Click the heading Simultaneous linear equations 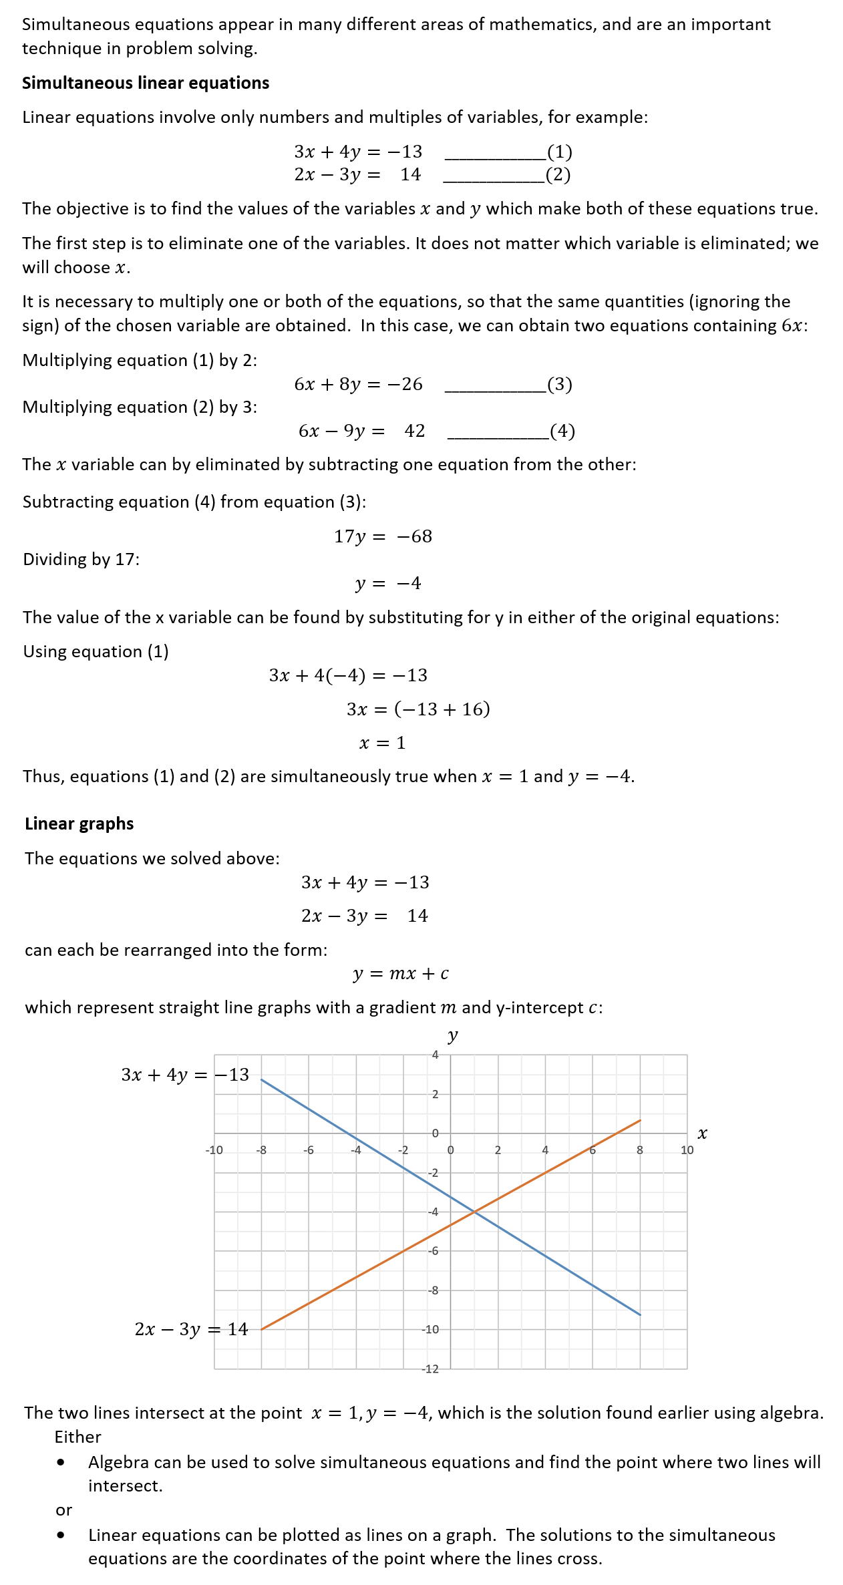(146, 83)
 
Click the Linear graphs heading (79, 824)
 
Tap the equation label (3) (560, 384)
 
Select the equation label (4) (562, 431)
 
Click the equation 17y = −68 (383, 536)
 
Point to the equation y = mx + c (401, 974)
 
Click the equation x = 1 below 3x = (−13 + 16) (382, 743)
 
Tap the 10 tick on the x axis (687, 1150)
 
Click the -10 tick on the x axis (214, 1150)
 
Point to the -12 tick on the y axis (431, 1369)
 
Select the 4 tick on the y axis (435, 1055)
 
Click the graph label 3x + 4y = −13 (185, 1075)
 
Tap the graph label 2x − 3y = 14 (191, 1329)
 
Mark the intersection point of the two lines (474, 1212)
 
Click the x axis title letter (702, 1133)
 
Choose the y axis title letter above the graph (452, 1036)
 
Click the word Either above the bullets (77, 1437)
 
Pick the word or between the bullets (63, 1510)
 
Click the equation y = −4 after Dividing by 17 (388, 583)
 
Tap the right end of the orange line (640, 1121)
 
